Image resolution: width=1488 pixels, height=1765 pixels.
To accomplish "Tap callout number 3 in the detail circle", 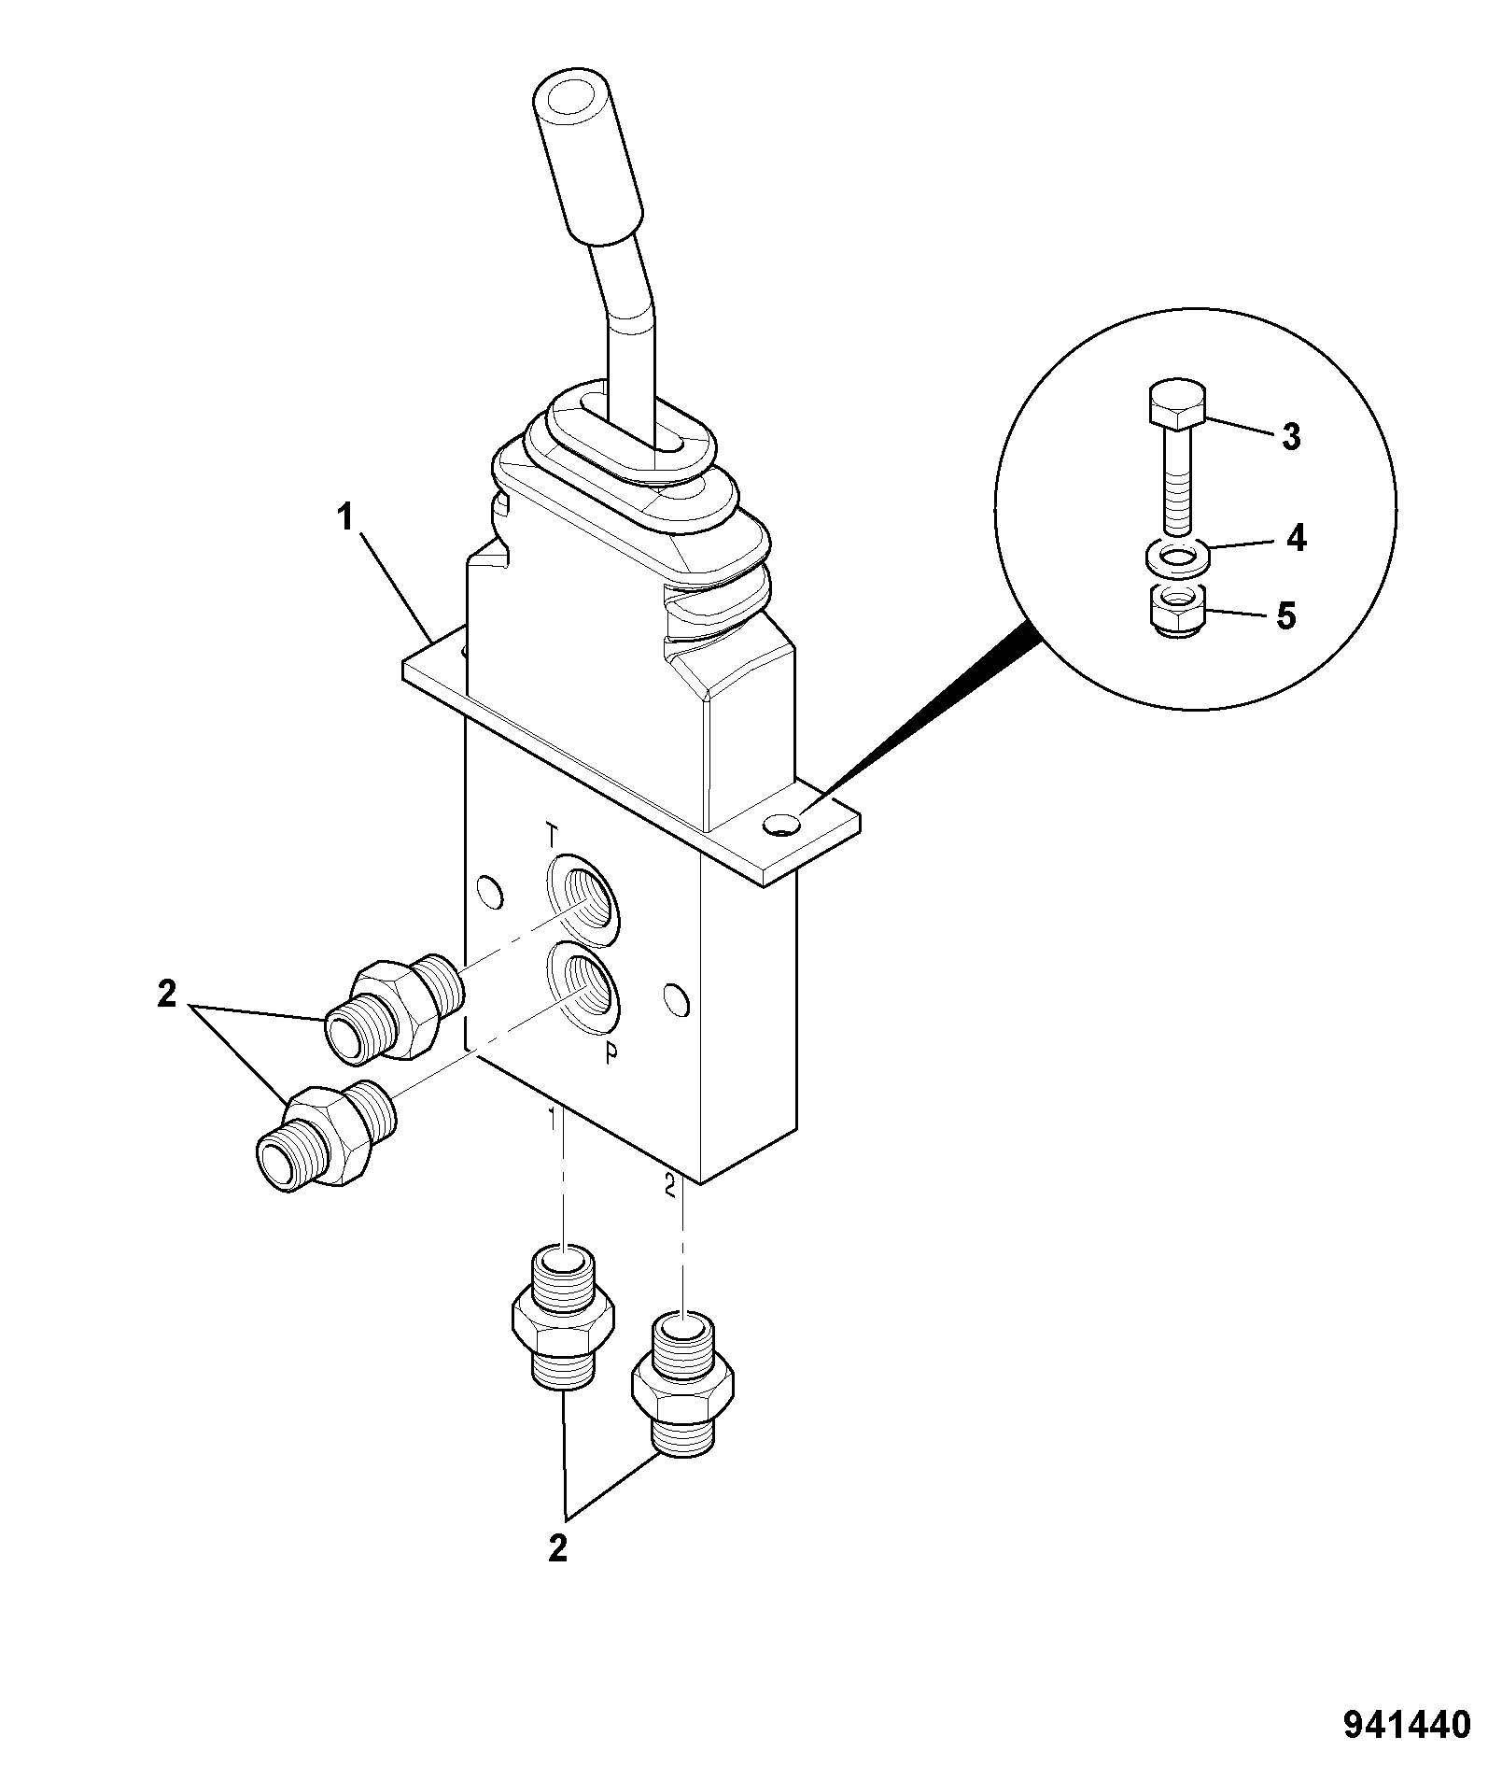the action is coord(1291,437).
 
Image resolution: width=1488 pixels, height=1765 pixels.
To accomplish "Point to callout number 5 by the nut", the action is coord(1287,616).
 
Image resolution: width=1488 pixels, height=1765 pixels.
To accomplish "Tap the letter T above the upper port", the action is coord(553,832).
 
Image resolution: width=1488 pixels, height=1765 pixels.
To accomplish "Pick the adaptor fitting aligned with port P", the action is coord(326,1134).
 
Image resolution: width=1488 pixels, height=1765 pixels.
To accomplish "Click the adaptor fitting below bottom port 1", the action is coord(563,1320).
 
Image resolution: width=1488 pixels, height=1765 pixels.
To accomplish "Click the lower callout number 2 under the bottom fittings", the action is coord(557,1549).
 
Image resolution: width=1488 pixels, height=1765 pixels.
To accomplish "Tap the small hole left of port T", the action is coord(487,892).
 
